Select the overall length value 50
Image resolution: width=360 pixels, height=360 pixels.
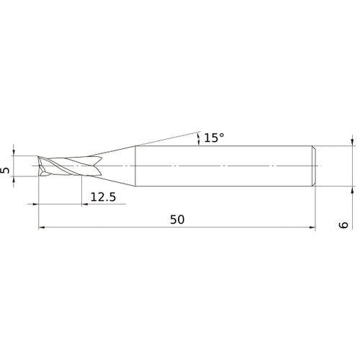176,220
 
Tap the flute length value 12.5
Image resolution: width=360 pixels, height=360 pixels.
101,196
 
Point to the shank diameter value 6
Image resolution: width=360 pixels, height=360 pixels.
344,225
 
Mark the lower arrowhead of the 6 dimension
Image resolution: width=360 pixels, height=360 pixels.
352,192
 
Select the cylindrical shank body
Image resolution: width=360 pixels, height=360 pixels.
223,166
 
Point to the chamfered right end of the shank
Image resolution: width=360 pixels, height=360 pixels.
313,166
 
